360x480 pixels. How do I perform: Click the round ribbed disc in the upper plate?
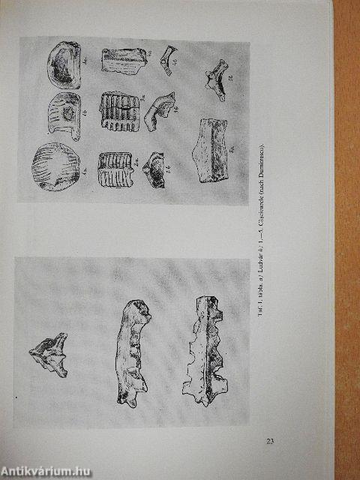[52, 166]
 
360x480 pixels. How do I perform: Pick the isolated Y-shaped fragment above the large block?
[215, 80]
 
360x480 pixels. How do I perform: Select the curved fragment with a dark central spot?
[64, 115]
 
